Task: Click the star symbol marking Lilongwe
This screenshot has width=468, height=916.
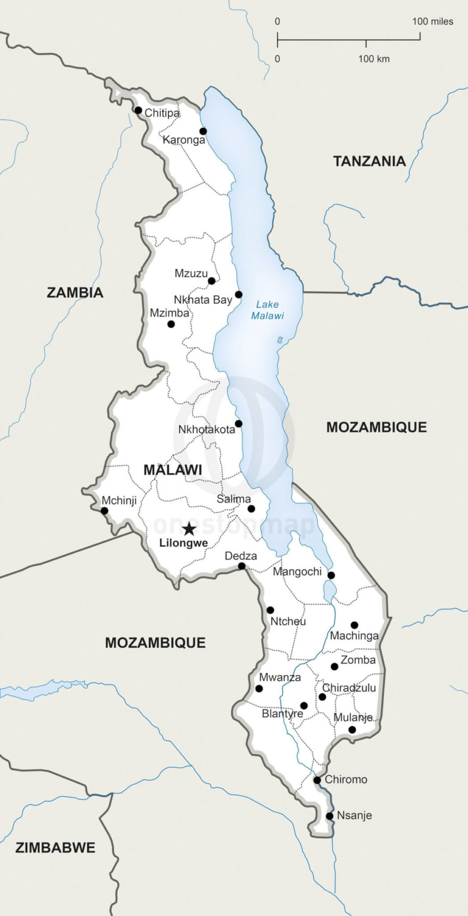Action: [189, 529]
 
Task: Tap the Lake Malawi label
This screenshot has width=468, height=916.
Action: [268, 310]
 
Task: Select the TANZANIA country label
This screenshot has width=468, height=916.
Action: [369, 161]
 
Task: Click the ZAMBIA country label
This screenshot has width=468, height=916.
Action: [75, 292]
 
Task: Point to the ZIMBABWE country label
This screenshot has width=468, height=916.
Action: [55, 847]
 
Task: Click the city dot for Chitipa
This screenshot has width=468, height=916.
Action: [138, 110]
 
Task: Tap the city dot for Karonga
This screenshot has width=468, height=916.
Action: [203, 131]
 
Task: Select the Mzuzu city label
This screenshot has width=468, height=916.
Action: [191, 274]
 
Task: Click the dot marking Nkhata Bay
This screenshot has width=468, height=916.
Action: [239, 294]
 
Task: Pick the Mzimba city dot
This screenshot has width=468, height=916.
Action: [171, 324]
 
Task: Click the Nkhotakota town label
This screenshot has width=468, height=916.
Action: [206, 430]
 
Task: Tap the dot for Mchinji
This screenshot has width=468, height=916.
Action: [104, 511]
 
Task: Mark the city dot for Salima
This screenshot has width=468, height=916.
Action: [252, 509]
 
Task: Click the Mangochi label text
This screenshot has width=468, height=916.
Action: [297, 572]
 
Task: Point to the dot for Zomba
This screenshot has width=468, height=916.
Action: [335, 666]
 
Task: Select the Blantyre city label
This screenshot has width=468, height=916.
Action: [282, 714]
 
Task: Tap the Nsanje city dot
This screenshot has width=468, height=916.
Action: [330, 816]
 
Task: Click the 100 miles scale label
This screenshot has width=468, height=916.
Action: [432, 22]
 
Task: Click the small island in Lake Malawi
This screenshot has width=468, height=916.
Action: [280, 340]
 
